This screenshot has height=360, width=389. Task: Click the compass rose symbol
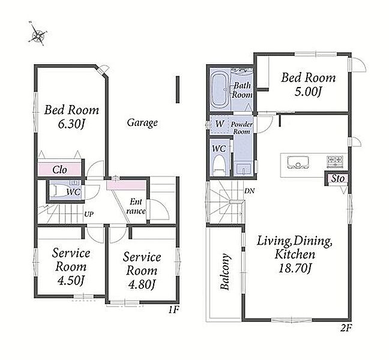[x=37, y=34]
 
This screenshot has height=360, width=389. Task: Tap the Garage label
[x=142, y=122]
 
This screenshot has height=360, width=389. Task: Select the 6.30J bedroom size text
[x=71, y=124]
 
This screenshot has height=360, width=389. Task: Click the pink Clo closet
[x=59, y=170]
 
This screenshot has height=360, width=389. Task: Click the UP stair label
[x=89, y=214]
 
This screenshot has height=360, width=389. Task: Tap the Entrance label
[x=136, y=206]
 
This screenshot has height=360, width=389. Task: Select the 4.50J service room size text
[x=71, y=281]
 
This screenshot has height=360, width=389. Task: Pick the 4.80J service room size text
[x=142, y=284]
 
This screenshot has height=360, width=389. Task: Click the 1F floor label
[x=173, y=310]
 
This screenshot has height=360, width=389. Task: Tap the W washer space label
[x=220, y=124]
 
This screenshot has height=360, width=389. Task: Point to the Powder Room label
[x=242, y=128]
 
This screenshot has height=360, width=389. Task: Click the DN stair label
[x=249, y=191]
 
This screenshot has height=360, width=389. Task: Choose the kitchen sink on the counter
[x=298, y=162]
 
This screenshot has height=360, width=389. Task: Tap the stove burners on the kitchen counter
[x=335, y=161]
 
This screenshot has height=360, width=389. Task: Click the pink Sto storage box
[x=337, y=179]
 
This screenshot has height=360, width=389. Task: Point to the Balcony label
[x=225, y=271]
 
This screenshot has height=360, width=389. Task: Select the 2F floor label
[x=345, y=328]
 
